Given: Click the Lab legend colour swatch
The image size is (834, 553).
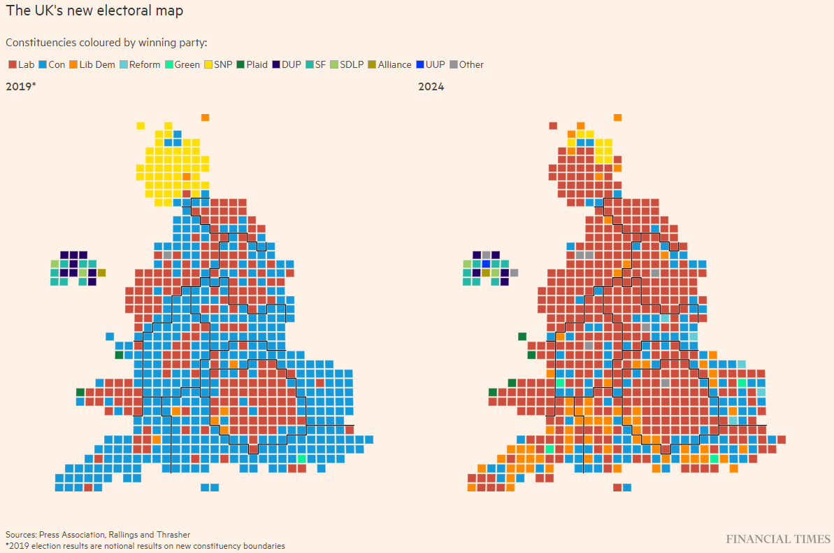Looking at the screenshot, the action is pyautogui.click(x=13, y=64).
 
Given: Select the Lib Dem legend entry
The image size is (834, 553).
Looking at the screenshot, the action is pyautogui.click(x=92, y=64).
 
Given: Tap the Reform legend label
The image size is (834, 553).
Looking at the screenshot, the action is pyautogui.click(x=145, y=64).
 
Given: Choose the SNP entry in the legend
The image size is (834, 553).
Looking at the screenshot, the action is pyautogui.click(x=219, y=64).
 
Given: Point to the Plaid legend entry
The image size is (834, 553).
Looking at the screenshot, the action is pyautogui.click(x=252, y=64).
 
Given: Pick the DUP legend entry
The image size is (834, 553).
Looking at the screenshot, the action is pyautogui.click(x=287, y=64).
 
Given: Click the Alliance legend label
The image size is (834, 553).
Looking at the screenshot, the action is pyautogui.click(x=395, y=64).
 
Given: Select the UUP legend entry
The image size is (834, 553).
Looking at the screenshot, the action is pyautogui.click(x=431, y=64).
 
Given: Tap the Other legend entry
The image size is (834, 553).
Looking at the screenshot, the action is pyautogui.click(x=467, y=64).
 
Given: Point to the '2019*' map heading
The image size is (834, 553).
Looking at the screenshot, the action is pyautogui.click(x=21, y=86).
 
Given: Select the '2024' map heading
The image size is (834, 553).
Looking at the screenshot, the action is pyautogui.click(x=431, y=86).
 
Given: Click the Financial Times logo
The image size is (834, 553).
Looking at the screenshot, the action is pyautogui.click(x=778, y=539).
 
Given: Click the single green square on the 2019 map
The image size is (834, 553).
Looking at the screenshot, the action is pyautogui.click(x=302, y=458).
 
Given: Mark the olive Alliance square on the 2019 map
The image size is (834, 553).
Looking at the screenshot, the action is pyautogui.click(x=101, y=273).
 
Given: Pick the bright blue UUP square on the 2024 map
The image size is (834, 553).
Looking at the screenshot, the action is pyautogui.click(x=486, y=264).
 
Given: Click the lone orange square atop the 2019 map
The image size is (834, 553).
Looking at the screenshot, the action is pyautogui.click(x=206, y=117).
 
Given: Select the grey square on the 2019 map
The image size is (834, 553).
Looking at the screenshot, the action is pyautogui.click(x=168, y=255).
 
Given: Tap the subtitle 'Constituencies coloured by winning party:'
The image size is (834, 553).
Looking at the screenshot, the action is pyautogui.click(x=106, y=43).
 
